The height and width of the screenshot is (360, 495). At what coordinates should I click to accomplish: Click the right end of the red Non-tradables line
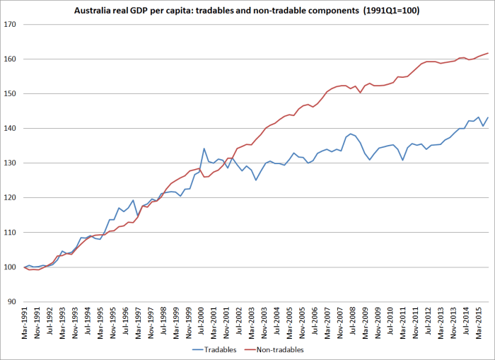point(488,53)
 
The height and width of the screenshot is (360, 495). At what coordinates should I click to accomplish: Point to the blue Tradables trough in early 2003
point(256,180)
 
